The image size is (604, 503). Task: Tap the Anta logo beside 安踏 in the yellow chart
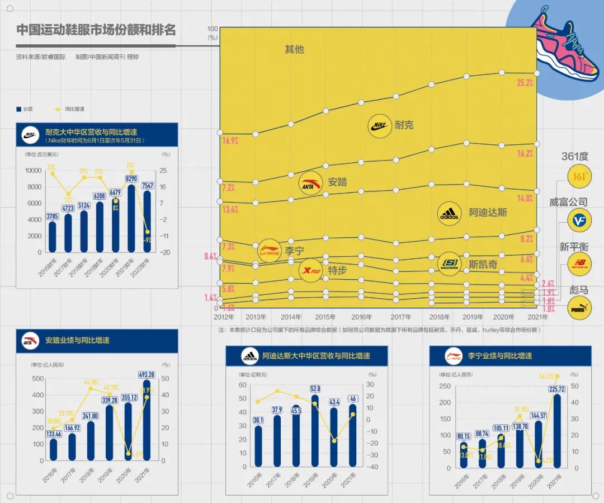(310, 183)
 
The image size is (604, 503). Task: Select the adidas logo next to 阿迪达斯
(449, 213)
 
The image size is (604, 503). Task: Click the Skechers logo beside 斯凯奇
(449, 264)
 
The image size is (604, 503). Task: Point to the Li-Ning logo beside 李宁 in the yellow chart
(270, 251)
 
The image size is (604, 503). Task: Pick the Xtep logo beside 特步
(310, 271)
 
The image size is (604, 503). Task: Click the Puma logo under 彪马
(579, 308)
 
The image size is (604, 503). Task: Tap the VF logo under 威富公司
(579, 220)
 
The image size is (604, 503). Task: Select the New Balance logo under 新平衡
(579, 264)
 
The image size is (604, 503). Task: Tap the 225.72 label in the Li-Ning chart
(556, 389)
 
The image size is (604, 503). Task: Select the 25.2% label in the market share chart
(525, 83)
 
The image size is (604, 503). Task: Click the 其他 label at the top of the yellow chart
(294, 49)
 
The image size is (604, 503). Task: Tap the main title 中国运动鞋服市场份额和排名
(96, 30)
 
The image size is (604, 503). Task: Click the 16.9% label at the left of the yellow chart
(230, 141)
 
